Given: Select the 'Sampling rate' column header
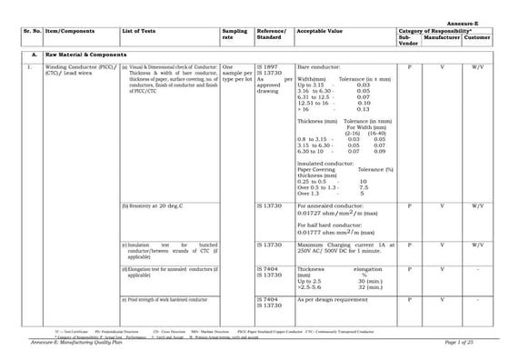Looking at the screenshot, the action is click(x=234, y=34).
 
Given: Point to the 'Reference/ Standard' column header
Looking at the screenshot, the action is click(x=272, y=34).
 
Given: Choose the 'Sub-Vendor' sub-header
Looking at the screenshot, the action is click(x=409, y=40).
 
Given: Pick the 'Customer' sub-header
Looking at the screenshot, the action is click(x=477, y=37).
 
